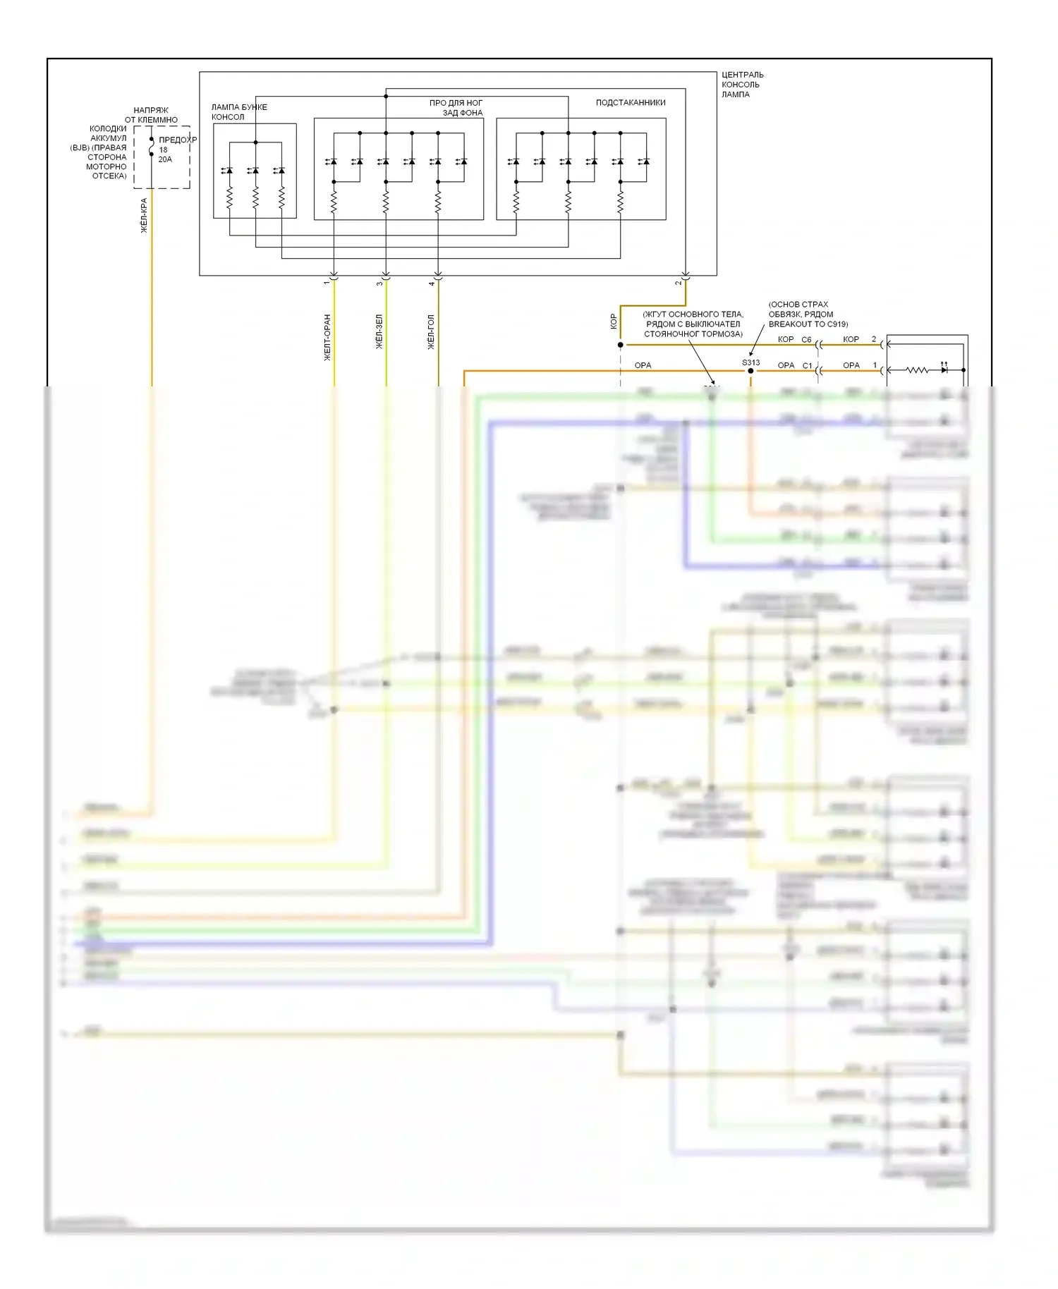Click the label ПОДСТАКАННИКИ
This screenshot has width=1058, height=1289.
click(630, 103)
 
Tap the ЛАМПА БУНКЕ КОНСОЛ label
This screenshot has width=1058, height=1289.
click(239, 112)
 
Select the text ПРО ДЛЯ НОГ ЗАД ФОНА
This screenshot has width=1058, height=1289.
click(456, 108)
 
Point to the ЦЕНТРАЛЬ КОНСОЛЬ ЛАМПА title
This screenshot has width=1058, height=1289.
click(742, 85)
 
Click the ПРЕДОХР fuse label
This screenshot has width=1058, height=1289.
click(177, 140)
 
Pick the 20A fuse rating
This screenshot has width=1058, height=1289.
click(165, 159)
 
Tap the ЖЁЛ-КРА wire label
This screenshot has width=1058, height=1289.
click(144, 216)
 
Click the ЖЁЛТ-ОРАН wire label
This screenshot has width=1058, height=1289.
click(327, 338)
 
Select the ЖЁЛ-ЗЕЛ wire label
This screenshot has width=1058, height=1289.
click(379, 331)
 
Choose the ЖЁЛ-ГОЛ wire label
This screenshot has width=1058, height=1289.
click(431, 332)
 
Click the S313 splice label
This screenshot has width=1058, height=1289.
click(750, 362)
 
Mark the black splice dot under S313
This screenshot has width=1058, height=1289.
click(750, 371)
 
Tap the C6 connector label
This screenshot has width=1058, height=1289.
click(806, 340)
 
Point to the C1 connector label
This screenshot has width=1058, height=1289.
click(807, 366)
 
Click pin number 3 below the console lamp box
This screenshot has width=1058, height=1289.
click(379, 283)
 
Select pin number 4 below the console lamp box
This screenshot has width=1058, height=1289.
click(432, 283)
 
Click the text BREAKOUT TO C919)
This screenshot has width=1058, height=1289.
click(808, 324)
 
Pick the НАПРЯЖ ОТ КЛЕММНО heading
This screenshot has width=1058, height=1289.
click(151, 115)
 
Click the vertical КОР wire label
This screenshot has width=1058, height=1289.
click(613, 321)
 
